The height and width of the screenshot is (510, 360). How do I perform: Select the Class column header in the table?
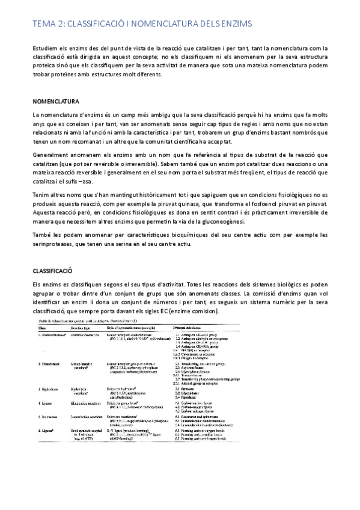[x=39, y=328]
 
